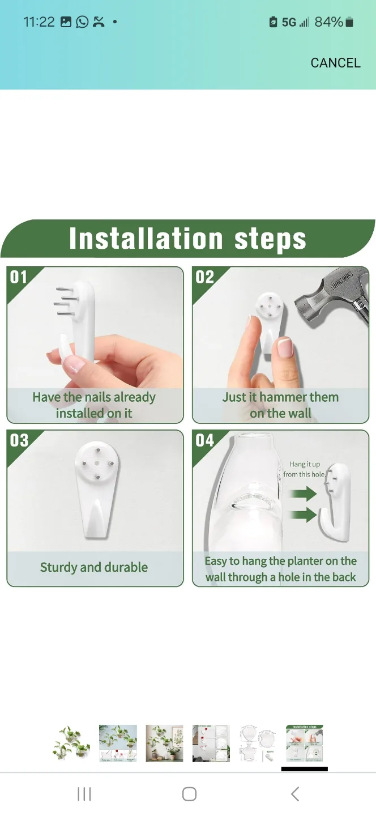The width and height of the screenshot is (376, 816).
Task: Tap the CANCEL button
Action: point(335,63)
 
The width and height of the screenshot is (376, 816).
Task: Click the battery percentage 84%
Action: point(328,22)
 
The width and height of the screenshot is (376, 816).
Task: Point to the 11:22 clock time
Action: point(39,22)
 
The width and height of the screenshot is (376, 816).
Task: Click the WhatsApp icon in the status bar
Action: point(82,22)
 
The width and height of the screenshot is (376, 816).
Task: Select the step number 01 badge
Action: point(19,277)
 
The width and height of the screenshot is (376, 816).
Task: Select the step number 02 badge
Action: point(204,277)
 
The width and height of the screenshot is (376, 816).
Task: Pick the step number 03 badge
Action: point(19,440)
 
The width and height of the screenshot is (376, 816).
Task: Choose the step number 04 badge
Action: point(204,440)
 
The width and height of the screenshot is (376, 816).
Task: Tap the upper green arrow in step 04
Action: point(303,494)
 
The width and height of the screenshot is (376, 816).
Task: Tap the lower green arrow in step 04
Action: point(303,515)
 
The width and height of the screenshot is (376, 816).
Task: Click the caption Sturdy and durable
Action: point(94,567)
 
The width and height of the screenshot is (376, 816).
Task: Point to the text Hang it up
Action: point(305,464)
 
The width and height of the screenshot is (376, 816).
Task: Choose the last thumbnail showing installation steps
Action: point(305,743)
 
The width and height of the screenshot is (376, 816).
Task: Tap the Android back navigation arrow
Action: point(295,794)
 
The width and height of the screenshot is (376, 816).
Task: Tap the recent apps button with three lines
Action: point(84,794)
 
